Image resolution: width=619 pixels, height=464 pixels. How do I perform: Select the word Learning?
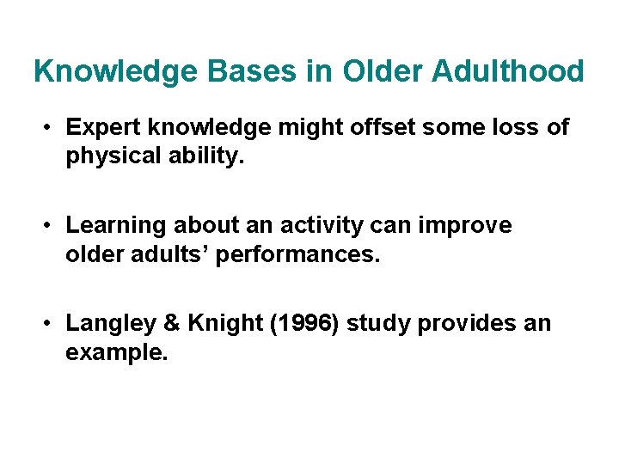tap(116, 226)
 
